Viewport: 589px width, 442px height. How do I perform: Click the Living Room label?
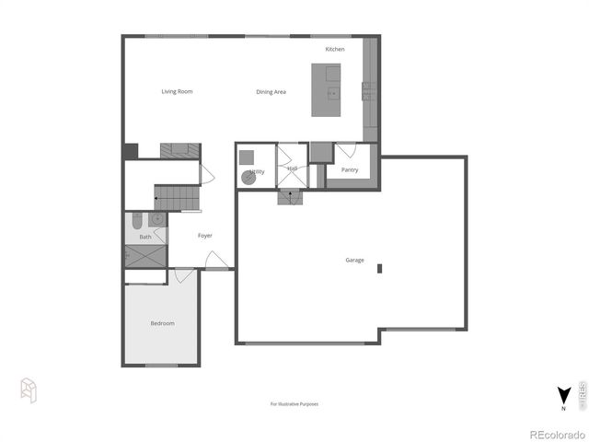tap(177, 91)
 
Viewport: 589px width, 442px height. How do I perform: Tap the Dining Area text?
tap(271, 92)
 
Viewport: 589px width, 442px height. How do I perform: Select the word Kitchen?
tap(335, 49)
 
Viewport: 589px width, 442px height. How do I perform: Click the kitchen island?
tap(326, 90)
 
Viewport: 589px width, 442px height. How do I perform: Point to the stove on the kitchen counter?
tap(368, 90)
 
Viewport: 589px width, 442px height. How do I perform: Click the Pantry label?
tap(350, 169)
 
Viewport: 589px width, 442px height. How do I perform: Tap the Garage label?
tap(354, 261)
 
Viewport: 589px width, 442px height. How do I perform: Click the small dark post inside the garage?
tap(378, 269)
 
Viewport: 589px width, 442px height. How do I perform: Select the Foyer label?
tap(205, 236)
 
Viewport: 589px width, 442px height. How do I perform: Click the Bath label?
tap(145, 237)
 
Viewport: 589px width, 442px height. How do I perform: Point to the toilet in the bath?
tap(136, 220)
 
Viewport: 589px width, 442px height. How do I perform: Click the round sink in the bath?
tap(157, 219)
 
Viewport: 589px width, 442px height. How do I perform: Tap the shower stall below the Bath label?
tap(145, 256)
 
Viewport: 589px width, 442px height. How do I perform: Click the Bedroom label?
tap(162, 323)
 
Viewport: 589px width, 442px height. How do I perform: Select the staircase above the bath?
tap(176, 196)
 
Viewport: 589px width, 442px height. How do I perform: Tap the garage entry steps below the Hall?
tap(291, 195)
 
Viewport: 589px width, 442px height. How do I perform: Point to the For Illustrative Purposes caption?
tap(294, 403)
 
